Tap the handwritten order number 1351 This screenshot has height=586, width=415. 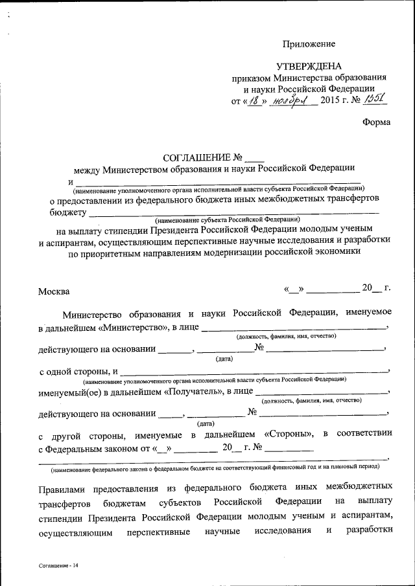[x=374, y=99]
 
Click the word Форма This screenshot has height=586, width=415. [x=376, y=122]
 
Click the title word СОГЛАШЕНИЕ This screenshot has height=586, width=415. [x=196, y=157]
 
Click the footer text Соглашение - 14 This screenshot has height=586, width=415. [x=58, y=565]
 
